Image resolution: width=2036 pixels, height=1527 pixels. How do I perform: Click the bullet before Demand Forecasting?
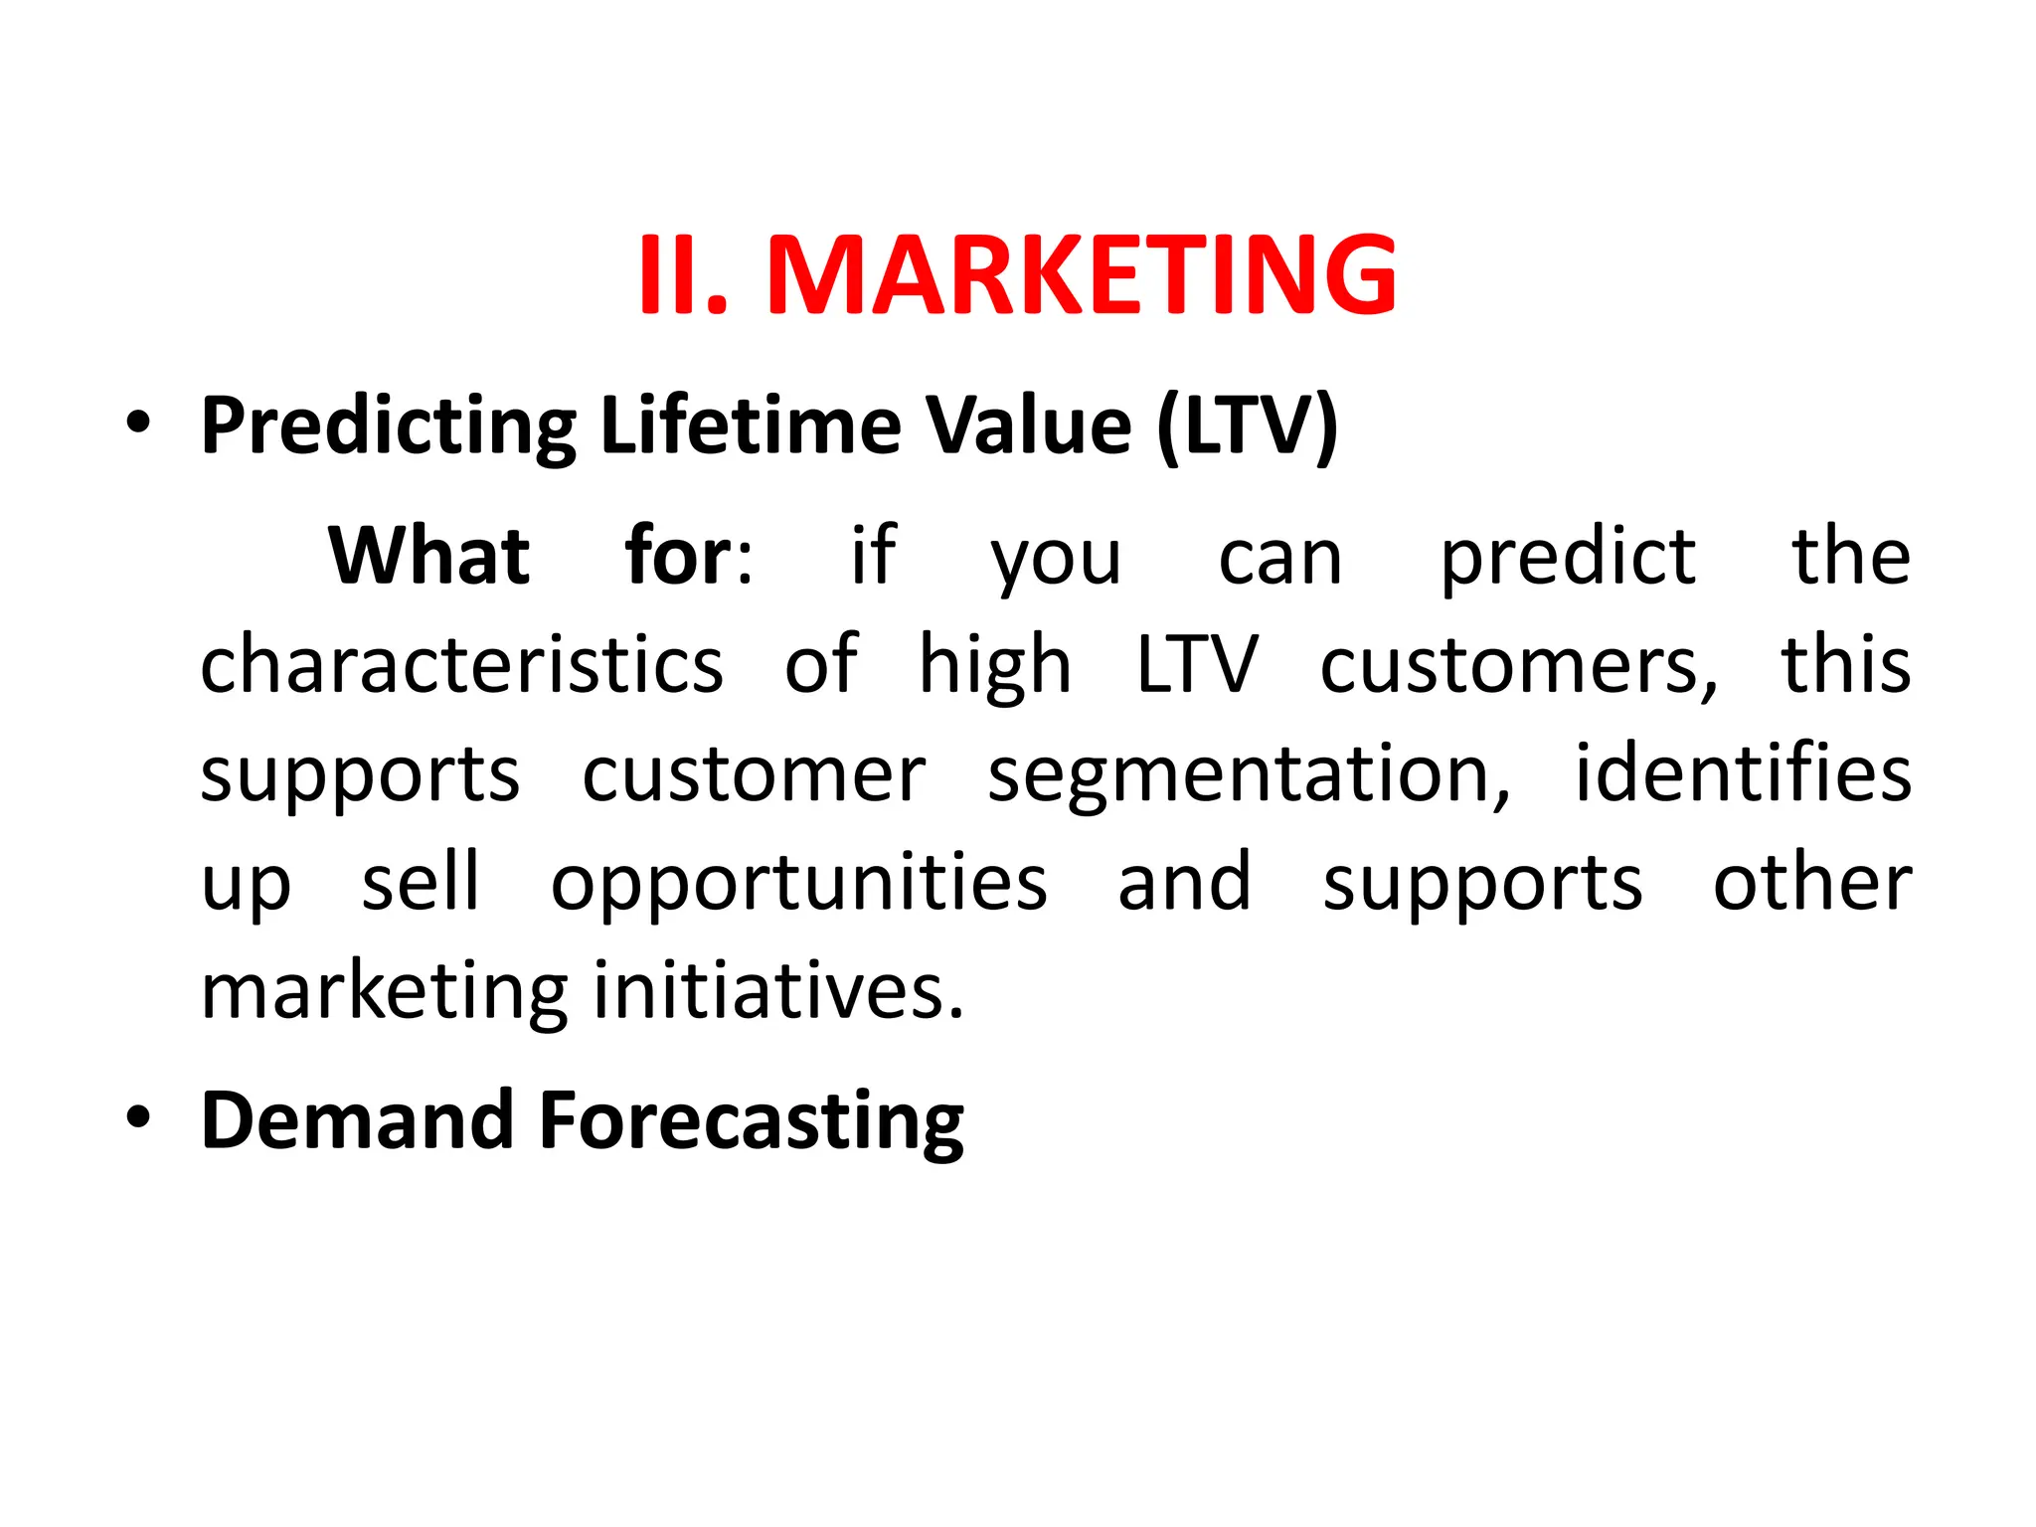138,1116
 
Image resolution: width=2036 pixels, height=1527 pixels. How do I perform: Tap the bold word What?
428,556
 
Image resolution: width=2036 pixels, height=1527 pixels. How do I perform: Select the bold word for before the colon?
679,556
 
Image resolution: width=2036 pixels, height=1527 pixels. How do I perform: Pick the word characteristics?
462,664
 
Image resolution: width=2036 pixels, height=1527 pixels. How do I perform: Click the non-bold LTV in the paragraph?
1197,664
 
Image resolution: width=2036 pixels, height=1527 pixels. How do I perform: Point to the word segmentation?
1249,775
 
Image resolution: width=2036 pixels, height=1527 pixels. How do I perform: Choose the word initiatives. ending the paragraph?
779,991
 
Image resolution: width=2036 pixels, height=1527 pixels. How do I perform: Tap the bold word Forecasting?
752,1121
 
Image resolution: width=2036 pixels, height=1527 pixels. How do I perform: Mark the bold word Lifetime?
751,424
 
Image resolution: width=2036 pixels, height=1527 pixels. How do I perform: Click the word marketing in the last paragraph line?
385,993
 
